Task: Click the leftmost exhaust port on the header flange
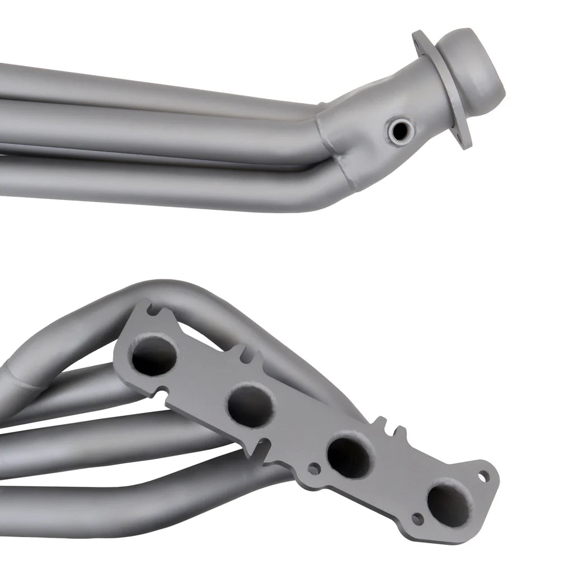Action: point(154,355)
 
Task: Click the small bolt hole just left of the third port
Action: point(314,468)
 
